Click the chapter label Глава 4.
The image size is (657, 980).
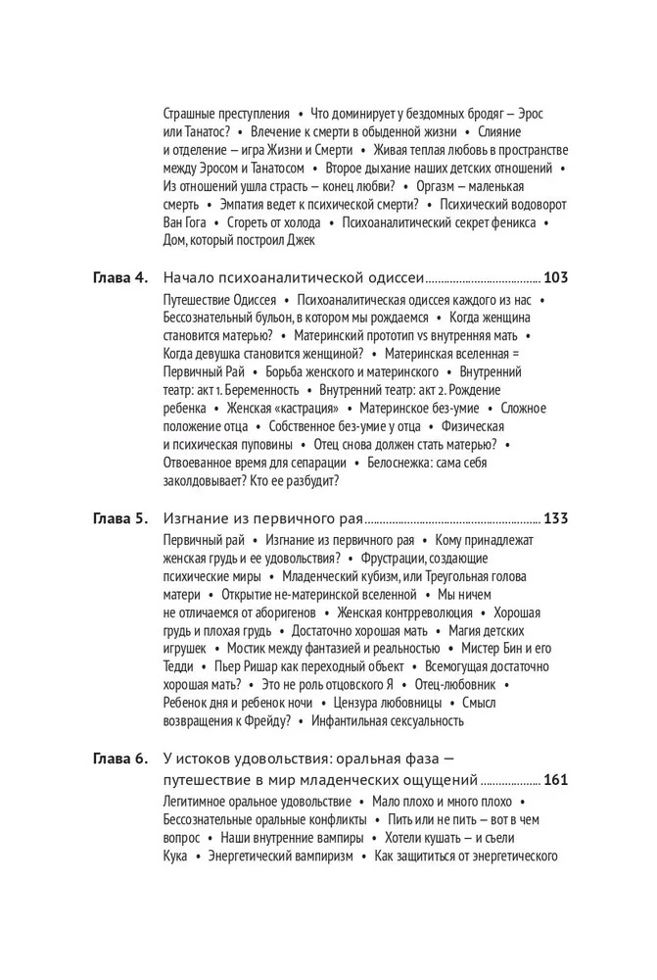(x=119, y=277)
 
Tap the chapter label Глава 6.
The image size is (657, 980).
(x=119, y=759)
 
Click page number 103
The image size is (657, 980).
(x=556, y=277)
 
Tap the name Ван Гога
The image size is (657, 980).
(x=184, y=222)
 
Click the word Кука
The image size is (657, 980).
(x=174, y=856)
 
